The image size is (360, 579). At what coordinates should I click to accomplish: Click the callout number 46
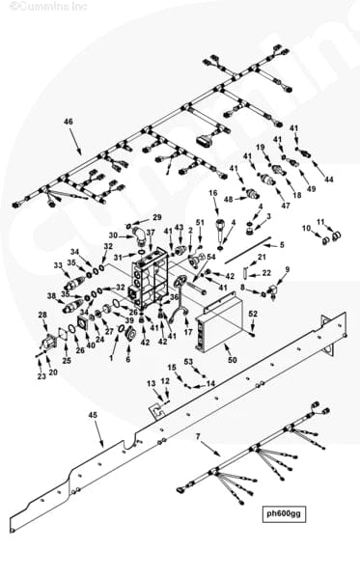(x=68, y=122)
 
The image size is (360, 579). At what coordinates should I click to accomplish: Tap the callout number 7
(x=197, y=437)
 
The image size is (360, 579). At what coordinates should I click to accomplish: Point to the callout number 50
(x=232, y=360)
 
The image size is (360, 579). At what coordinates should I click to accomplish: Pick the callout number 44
(x=329, y=180)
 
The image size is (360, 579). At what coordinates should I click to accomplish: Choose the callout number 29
(x=157, y=218)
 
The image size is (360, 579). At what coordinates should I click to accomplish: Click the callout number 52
(x=254, y=314)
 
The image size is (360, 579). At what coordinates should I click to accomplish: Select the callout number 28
(x=42, y=316)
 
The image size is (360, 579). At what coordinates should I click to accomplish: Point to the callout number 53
(x=189, y=362)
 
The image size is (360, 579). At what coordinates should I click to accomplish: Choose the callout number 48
(x=229, y=199)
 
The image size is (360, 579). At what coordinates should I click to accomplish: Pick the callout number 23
(x=42, y=376)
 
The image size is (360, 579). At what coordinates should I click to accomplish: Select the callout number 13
(x=151, y=384)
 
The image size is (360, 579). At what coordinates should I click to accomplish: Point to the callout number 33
(x=58, y=265)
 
